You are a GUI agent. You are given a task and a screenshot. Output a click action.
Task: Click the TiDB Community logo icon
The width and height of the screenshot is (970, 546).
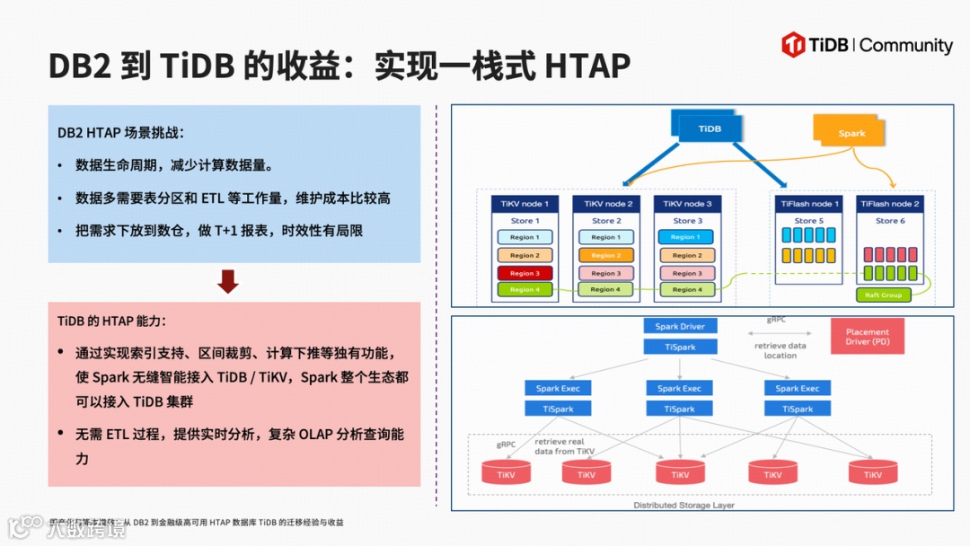coord(792,45)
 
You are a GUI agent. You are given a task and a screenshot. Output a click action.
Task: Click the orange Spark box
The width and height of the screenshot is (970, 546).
coord(851,133)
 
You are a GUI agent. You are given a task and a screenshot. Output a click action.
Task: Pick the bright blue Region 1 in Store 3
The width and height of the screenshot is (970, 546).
coord(686,237)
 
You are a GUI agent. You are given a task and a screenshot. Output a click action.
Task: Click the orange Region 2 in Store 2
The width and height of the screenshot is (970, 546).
coord(605,255)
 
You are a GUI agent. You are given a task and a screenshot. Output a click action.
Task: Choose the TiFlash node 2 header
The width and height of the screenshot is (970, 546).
coord(889,204)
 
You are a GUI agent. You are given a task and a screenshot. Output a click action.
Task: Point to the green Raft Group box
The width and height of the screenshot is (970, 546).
coord(883,295)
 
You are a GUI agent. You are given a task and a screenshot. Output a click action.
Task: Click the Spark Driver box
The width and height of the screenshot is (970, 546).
coord(680,327)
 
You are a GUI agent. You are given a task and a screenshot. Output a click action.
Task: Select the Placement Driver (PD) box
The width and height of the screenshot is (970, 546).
coord(868,337)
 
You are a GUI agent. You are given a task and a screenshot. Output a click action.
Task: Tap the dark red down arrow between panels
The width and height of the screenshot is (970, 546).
coord(228,282)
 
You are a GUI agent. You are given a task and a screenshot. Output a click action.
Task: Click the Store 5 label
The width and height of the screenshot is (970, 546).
coord(808,221)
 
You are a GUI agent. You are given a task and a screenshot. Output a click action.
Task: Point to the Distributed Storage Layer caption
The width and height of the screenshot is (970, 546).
coord(683,506)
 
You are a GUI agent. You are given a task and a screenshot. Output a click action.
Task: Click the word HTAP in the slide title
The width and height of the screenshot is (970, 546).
coord(587,66)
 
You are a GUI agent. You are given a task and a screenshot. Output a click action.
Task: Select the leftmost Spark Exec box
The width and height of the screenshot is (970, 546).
coord(558,389)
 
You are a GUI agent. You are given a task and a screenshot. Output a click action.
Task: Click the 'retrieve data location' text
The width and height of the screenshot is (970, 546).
coord(780,350)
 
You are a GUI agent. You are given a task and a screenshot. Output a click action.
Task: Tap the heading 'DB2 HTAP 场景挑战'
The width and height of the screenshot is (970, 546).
coord(120,132)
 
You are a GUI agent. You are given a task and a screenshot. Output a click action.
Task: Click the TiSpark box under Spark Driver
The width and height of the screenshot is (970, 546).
coord(680,347)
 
